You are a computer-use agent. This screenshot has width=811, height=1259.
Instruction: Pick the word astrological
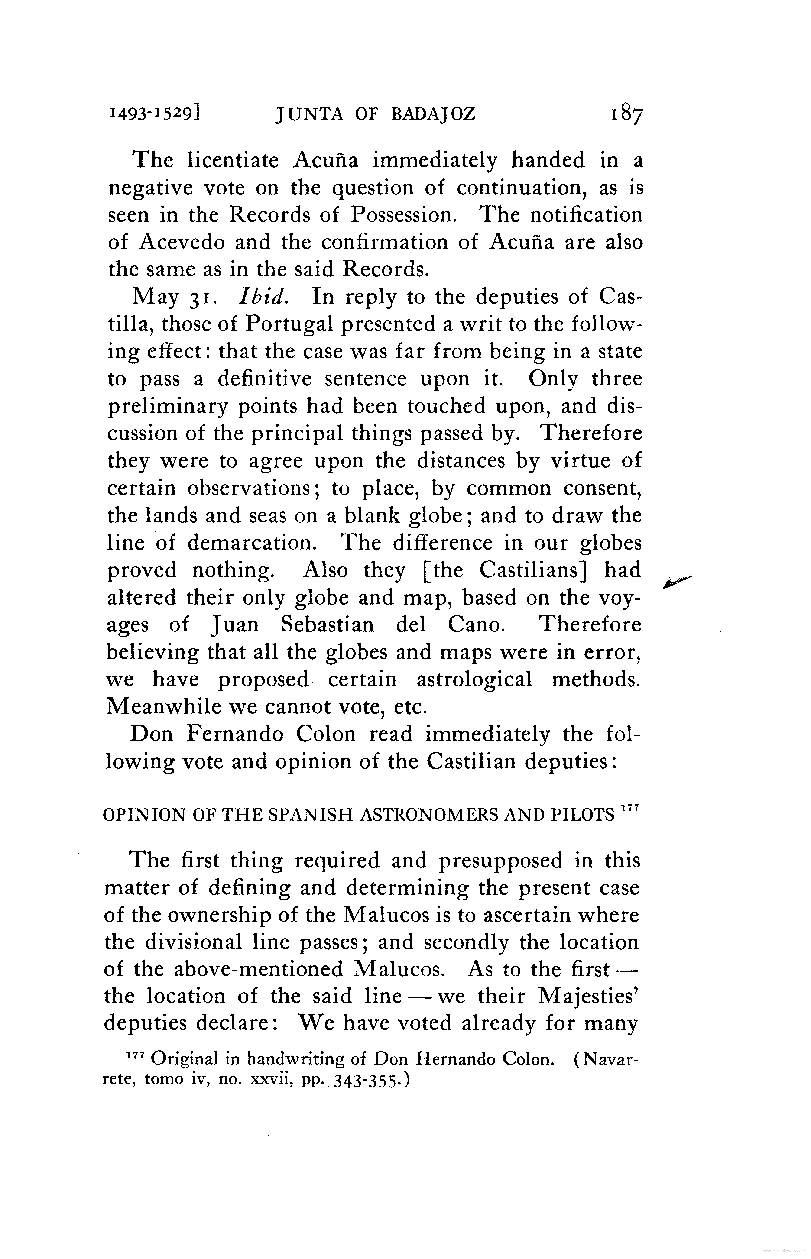pos(474,680)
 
